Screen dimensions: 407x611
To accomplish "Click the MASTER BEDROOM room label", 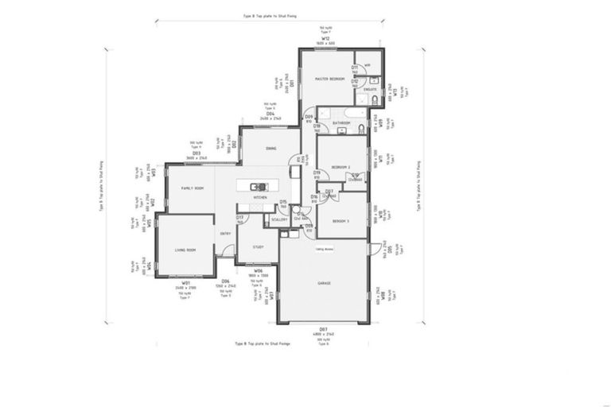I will [328, 79].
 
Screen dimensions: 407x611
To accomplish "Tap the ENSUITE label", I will [370, 90].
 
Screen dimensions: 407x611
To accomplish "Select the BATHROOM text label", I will [341, 123].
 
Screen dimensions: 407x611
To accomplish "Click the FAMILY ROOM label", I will [192, 188].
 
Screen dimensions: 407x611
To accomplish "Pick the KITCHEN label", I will [260, 197].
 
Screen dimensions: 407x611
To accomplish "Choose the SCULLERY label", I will [278, 219].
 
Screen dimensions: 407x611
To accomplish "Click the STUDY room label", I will [259, 246].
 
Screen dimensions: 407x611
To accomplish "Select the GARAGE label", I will [324, 282].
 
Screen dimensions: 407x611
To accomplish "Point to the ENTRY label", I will [225, 233].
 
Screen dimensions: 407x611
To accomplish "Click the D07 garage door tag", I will [324, 328].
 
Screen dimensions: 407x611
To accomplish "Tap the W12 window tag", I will [325, 37].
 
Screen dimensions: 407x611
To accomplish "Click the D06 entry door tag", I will [225, 281].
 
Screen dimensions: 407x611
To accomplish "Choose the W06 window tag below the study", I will [259, 270].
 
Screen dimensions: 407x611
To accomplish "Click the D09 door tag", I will [309, 117].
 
